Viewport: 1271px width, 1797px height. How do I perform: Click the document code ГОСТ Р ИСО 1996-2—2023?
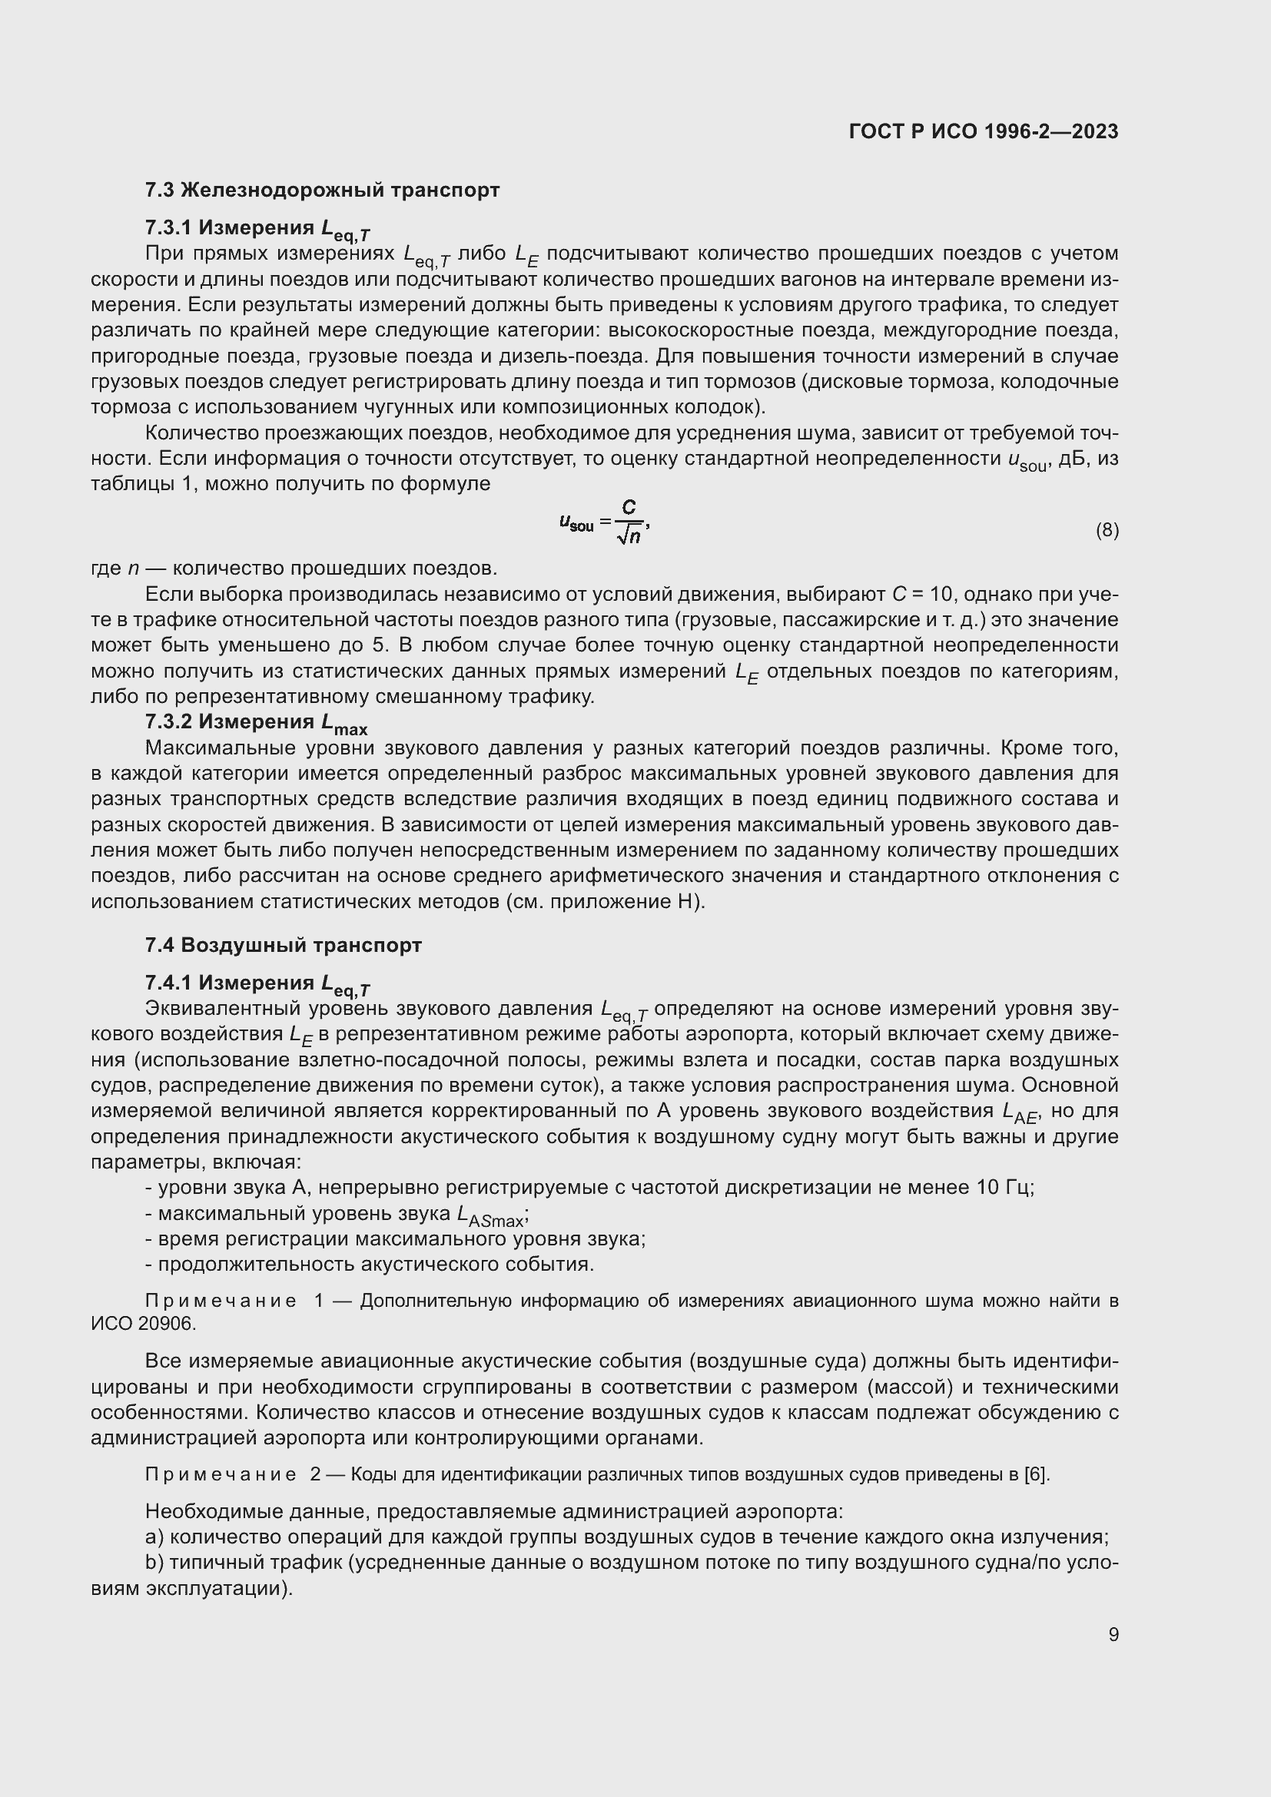[x=983, y=131]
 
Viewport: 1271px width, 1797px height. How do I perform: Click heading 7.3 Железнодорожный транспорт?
[x=322, y=191]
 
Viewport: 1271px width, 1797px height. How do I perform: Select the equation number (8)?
[x=1107, y=531]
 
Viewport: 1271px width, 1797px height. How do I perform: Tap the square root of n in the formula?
[x=629, y=536]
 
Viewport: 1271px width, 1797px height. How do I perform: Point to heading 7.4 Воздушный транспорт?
[x=284, y=946]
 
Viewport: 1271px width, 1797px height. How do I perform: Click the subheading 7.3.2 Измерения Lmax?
[x=256, y=723]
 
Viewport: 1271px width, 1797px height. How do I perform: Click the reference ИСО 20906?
[x=143, y=1324]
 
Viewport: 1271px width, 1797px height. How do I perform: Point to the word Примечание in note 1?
[x=221, y=1301]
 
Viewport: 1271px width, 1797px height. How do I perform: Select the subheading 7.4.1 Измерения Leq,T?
[x=257, y=984]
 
